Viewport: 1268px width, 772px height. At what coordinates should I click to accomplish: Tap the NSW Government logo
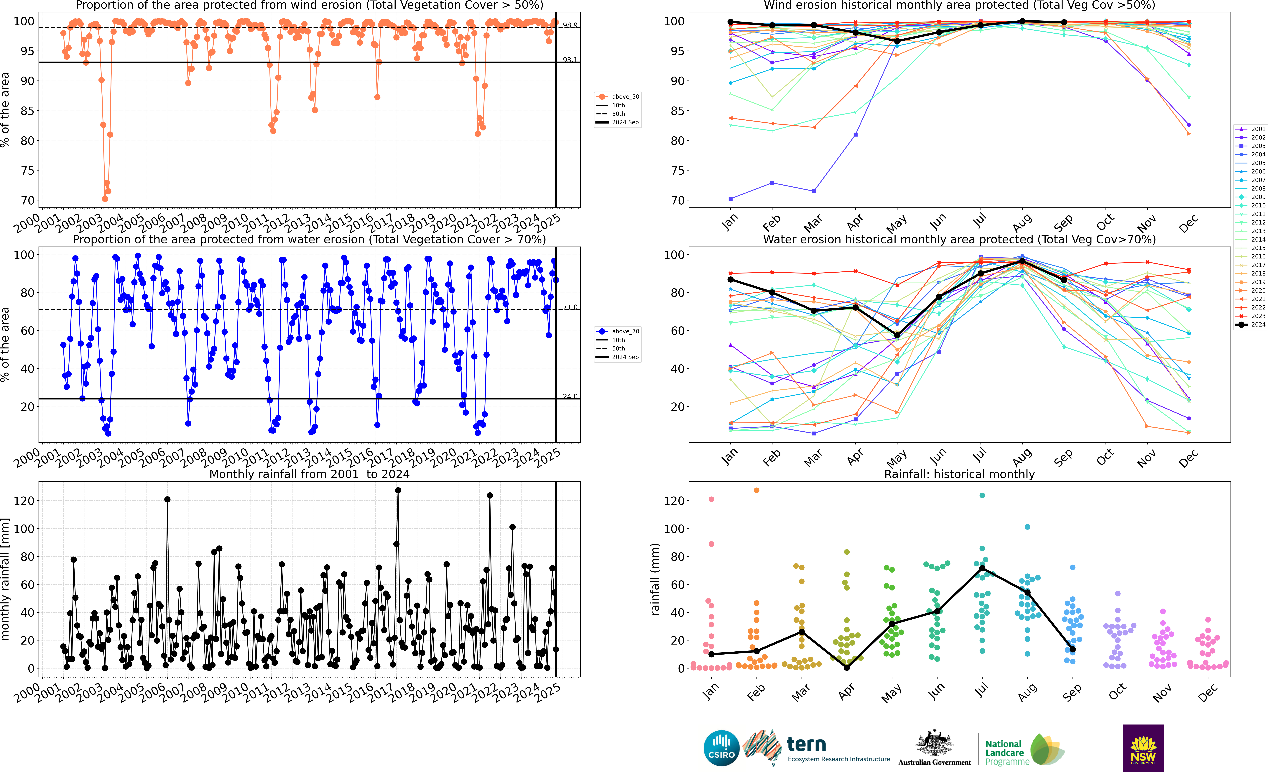(1143, 748)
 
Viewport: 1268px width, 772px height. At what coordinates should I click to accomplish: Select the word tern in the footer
(806, 744)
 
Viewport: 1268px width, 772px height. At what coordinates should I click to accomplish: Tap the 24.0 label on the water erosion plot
(570, 396)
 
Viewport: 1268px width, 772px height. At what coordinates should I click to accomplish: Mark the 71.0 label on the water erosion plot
(570, 307)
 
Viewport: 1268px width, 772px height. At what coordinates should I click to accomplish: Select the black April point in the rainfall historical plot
(847, 668)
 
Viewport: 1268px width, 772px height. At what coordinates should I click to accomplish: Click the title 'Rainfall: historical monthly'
(959, 474)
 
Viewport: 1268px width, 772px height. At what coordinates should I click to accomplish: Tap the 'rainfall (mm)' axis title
(655, 579)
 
